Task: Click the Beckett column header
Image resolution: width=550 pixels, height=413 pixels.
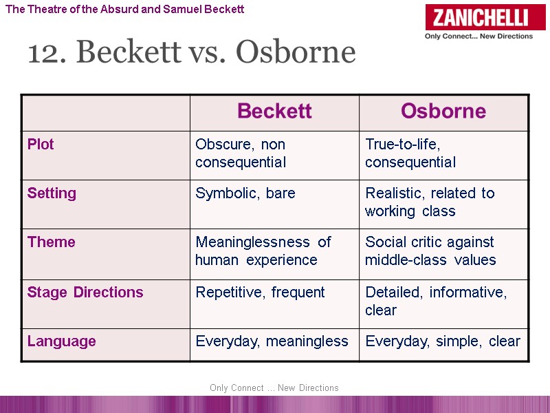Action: point(274,112)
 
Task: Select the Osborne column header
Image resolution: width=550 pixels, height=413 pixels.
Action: point(443,112)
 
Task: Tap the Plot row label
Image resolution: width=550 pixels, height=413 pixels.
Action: point(41,145)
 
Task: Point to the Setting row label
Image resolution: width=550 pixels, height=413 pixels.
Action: point(52,193)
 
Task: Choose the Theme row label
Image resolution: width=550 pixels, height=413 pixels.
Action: point(51,242)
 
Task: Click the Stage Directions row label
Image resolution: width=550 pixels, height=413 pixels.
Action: point(85,293)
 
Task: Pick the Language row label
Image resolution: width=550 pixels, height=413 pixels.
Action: point(61,341)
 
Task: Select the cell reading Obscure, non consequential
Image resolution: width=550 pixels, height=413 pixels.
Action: point(241,153)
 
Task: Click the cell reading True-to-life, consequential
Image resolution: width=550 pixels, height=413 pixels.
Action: point(410,153)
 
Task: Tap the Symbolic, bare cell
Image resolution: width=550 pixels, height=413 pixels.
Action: point(245,193)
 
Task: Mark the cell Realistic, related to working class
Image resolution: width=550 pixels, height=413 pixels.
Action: point(430,202)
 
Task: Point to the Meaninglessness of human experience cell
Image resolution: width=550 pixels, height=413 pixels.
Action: point(263,251)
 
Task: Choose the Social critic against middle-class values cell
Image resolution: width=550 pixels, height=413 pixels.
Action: point(430,251)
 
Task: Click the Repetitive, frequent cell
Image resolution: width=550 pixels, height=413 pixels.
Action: point(260,293)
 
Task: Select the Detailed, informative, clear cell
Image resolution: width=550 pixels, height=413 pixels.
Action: point(436,301)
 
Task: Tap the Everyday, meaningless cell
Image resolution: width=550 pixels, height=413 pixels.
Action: point(272,341)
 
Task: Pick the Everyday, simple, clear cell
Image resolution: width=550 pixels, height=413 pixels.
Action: point(443,341)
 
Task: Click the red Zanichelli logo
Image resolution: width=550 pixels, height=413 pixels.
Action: point(478,18)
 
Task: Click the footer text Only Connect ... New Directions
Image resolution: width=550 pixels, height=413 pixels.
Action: point(274,388)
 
